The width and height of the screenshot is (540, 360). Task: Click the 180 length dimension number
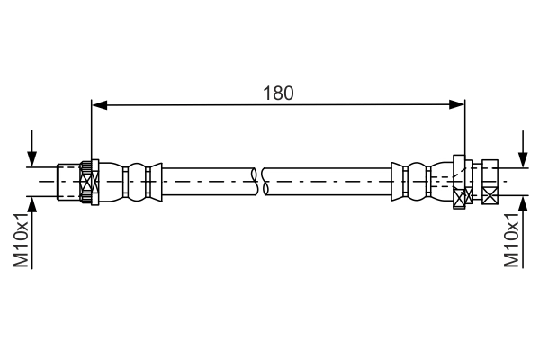(278, 93)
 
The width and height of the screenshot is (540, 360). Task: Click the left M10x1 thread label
(21, 240)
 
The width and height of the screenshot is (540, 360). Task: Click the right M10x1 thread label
(511, 240)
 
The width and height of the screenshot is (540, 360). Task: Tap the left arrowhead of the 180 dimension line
(100, 104)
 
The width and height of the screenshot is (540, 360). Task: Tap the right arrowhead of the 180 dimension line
(457, 104)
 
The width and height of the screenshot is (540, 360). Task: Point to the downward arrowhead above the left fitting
(32, 159)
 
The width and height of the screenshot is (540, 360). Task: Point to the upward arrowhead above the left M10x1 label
(32, 204)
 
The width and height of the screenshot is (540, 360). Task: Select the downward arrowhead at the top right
(524, 160)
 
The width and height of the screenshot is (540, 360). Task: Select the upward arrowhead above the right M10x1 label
(524, 203)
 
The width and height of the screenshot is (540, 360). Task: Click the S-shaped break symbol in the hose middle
(260, 182)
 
